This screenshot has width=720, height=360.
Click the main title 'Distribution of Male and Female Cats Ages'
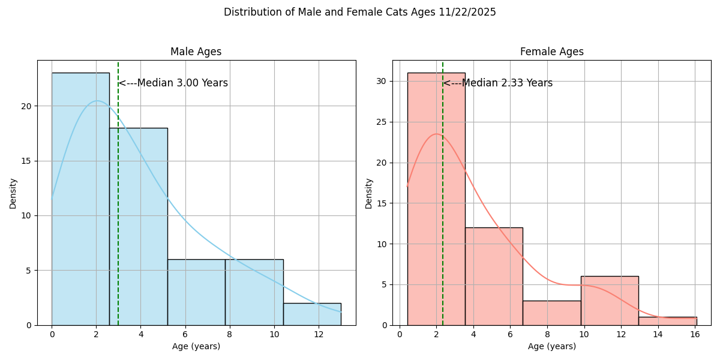(x=359, y=12)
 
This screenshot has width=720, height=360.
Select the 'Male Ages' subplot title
(x=196, y=52)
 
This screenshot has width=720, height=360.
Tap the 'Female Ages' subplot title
(x=551, y=52)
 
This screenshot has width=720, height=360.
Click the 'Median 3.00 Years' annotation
(x=173, y=83)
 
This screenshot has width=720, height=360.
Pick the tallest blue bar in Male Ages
(x=80, y=198)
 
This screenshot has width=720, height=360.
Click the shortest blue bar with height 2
(x=312, y=314)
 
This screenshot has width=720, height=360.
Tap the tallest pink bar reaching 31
(x=436, y=198)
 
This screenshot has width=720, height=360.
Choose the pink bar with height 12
(x=494, y=276)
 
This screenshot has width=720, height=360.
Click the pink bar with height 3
(x=551, y=313)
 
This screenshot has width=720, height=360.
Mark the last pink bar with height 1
(x=668, y=321)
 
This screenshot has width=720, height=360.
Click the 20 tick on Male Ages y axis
(x=27, y=106)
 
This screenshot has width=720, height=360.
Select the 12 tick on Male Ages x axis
(x=319, y=334)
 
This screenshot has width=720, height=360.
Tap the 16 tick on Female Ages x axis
(x=695, y=334)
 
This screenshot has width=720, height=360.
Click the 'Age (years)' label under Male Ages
(x=196, y=346)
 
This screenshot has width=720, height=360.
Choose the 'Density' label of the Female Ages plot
(x=368, y=193)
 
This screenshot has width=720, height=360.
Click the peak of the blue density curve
(x=97, y=101)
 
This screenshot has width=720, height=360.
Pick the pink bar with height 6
(x=610, y=301)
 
